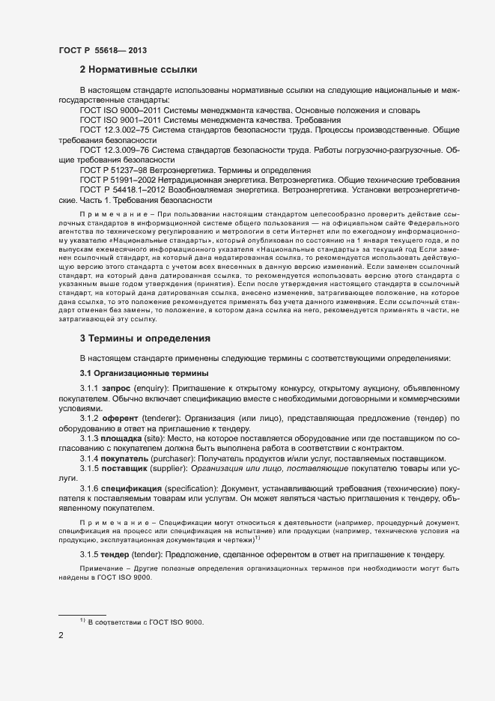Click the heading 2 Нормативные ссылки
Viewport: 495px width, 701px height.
click(x=139, y=70)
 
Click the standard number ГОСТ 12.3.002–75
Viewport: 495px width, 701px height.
click(x=115, y=130)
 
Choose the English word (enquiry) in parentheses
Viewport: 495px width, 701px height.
click(x=154, y=389)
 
